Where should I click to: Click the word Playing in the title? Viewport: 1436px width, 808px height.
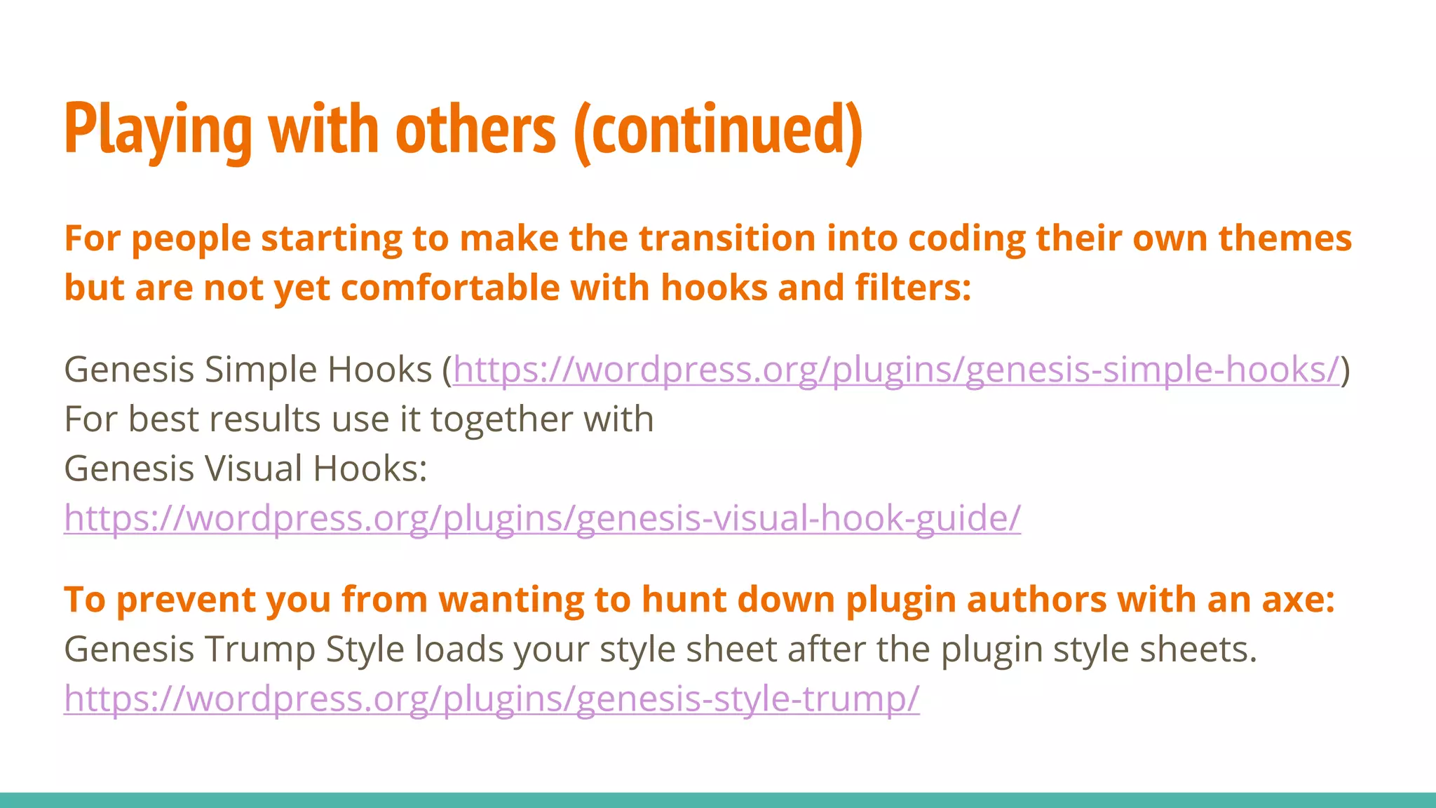(x=158, y=130)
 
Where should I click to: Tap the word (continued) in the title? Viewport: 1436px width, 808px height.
(x=718, y=130)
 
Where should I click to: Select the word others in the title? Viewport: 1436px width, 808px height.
(x=475, y=130)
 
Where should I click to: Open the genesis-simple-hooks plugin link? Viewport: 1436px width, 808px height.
(x=895, y=370)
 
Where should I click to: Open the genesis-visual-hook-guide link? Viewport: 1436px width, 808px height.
(x=542, y=518)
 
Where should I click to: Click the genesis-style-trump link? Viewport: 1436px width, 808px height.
(x=491, y=699)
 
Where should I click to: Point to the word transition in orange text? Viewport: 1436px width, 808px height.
(x=726, y=238)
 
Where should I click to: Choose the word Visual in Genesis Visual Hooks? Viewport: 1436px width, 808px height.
(x=252, y=469)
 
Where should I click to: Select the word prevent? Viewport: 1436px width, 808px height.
(x=186, y=600)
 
